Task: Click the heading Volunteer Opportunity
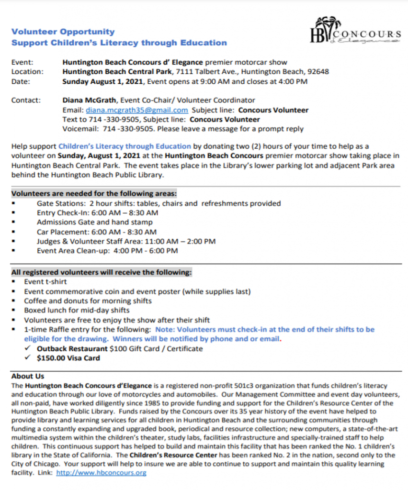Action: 63,32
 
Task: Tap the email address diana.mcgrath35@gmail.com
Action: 135,110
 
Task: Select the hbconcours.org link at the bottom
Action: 101,472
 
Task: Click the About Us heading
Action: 27,376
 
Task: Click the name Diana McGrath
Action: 90,100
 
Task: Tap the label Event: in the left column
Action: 22,62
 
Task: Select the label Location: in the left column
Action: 27,72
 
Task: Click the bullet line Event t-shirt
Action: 45,282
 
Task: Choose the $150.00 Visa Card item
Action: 68,358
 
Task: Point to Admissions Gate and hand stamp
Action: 95,222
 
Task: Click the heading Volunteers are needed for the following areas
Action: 94,194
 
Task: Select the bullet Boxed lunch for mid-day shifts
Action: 77,311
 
